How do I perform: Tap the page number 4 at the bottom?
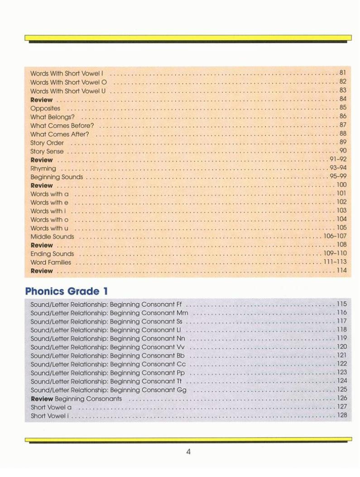tap(188, 451)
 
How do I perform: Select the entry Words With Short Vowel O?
tap(68, 82)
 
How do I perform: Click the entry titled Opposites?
tap(45, 108)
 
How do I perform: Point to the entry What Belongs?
tap(52, 117)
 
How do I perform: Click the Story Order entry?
tap(47, 143)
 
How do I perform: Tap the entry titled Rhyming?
tap(43, 168)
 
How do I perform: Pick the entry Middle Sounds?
tap(52, 237)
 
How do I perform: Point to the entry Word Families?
tap(51, 262)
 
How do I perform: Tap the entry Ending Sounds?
tap(52, 254)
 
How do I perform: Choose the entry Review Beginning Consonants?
tap(76, 399)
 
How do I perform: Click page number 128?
tap(342, 415)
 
